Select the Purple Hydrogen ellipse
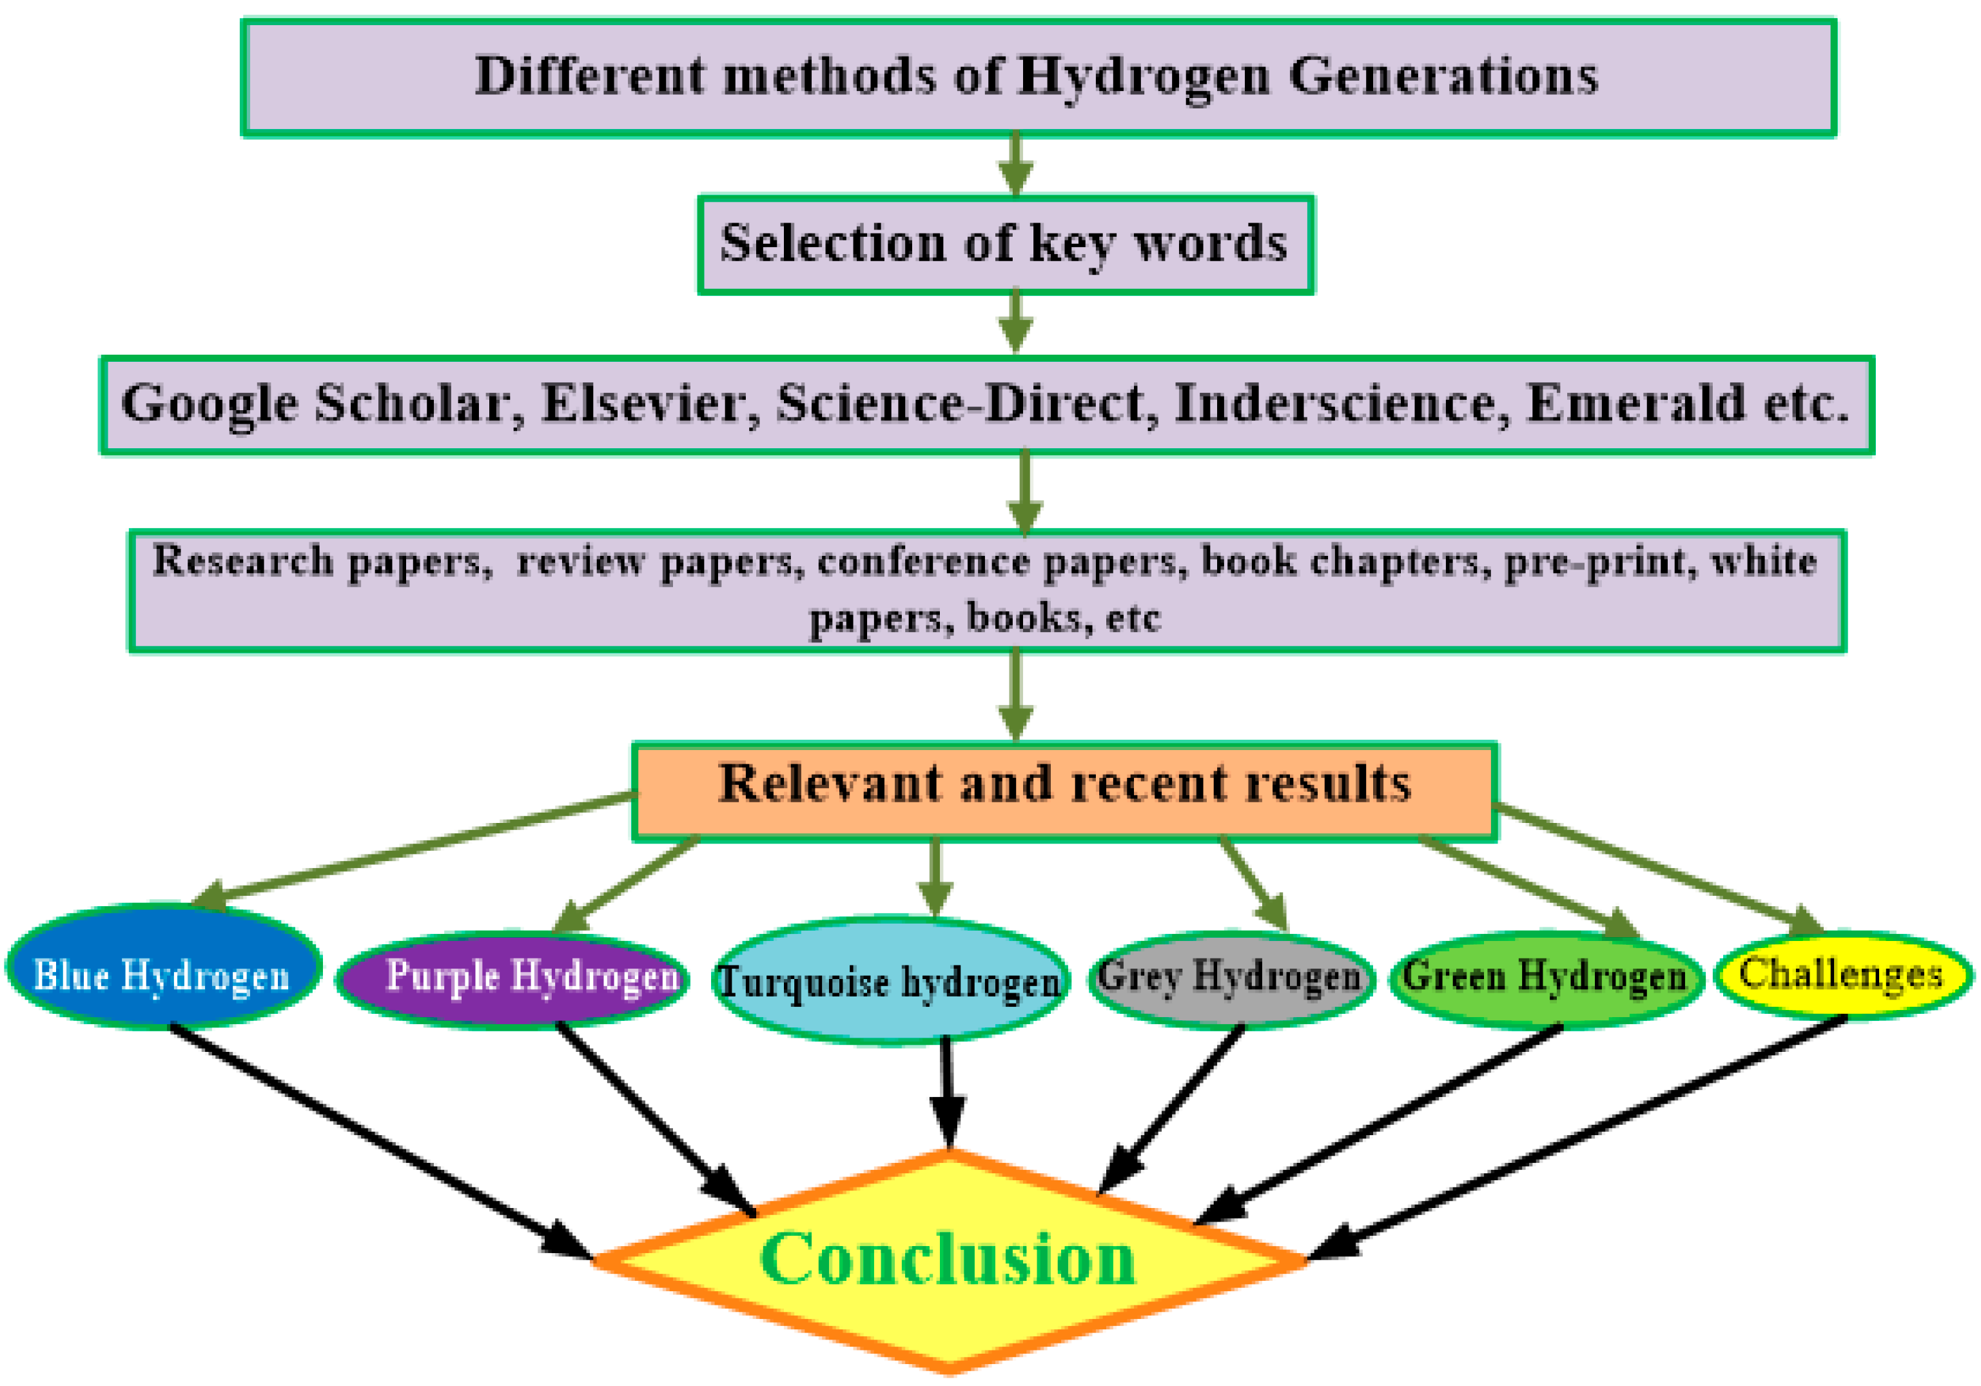512,978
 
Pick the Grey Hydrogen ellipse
1231,978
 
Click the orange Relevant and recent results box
1065,789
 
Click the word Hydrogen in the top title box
1143,76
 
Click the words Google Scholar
315,403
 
